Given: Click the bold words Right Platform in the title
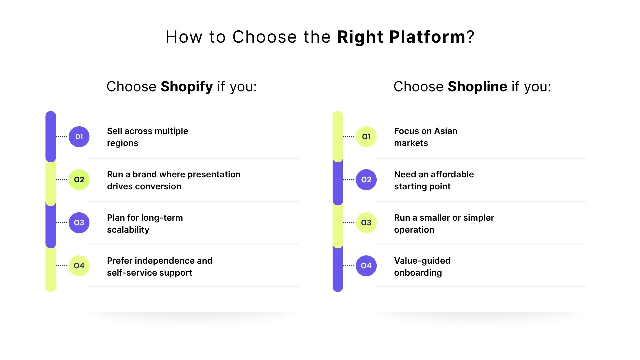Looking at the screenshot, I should click(x=401, y=37).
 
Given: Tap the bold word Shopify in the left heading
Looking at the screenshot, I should click(x=187, y=87).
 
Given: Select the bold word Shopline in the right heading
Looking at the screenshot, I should click(x=477, y=87).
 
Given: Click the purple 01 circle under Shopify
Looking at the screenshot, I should click(x=79, y=137).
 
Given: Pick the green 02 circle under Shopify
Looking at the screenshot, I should click(x=79, y=180).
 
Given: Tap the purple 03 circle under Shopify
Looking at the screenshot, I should click(x=79, y=223).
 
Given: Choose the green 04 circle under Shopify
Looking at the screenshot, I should click(x=79, y=266).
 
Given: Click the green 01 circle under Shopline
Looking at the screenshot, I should click(x=366, y=137).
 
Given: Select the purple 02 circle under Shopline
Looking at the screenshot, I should click(x=366, y=180).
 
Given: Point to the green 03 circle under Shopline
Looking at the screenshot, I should click(x=366, y=223).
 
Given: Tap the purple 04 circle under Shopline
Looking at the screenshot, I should click(x=366, y=266).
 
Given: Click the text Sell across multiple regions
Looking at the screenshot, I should click(x=147, y=137).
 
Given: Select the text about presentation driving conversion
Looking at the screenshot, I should click(x=173, y=180).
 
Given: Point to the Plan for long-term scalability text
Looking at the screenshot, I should click(x=145, y=224).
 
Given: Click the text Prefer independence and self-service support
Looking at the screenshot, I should click(x=159, y=267).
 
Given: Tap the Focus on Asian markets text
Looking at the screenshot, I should click(x=425, y=137).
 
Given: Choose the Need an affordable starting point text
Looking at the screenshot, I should click(x=433, y=180).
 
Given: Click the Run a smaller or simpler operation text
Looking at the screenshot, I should click(x=443, y=224).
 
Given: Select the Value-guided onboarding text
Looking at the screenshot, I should click(x=422, y=267).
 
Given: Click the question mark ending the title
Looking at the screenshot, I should click(x=470, y=37).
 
